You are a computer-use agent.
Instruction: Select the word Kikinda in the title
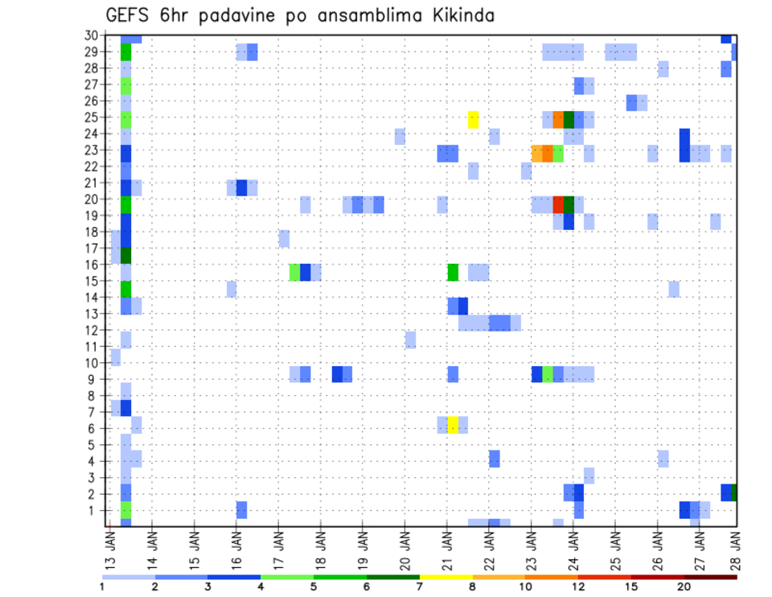point(462,16)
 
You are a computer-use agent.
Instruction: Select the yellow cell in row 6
point(453,425)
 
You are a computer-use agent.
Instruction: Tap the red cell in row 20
point(558,204)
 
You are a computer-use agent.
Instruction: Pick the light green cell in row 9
point(548,374)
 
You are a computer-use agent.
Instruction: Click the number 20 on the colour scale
point(684,587)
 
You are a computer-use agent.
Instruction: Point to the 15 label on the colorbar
point(631,587)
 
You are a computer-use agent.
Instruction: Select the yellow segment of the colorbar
point(446,577)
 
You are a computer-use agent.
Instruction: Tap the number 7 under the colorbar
point(421,587)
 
